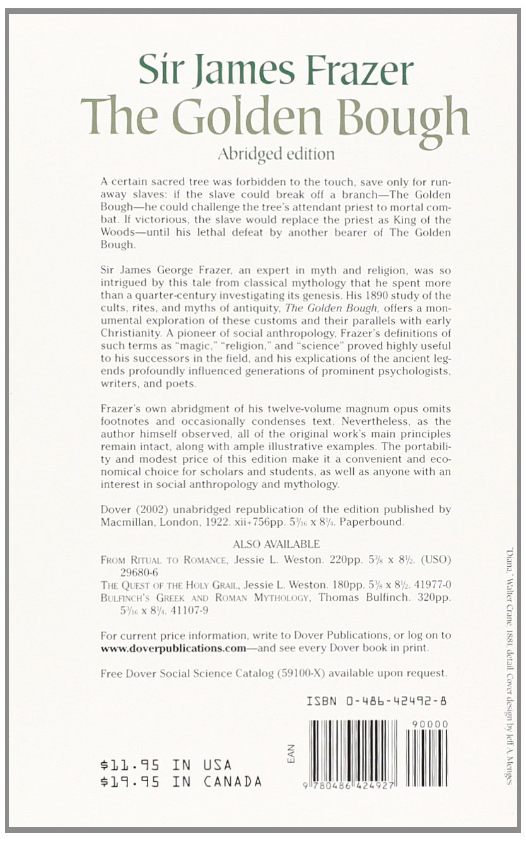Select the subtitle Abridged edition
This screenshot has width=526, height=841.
coord(275,153)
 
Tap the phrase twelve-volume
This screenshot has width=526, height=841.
coord(275,409)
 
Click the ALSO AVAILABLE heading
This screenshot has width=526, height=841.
coord(276,543)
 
